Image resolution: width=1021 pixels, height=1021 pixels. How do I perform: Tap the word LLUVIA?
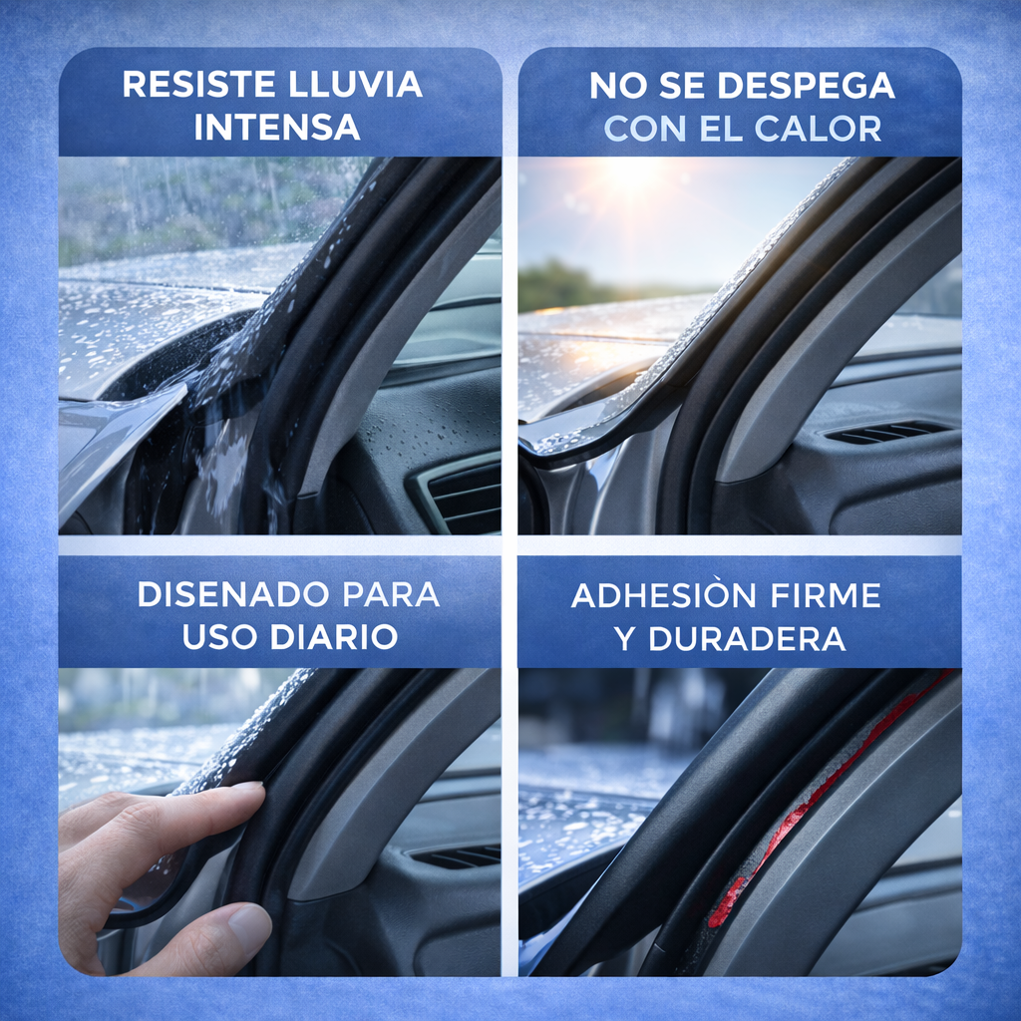point(356,85)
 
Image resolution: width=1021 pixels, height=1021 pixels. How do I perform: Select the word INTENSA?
point(277,127)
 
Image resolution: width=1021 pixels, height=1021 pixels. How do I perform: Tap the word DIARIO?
point(334,636)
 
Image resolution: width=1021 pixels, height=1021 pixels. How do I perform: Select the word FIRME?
point(825,595)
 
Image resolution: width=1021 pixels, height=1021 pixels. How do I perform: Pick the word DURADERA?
point(747,638)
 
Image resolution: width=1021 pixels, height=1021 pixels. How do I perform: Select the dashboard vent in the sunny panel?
point(886,431)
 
